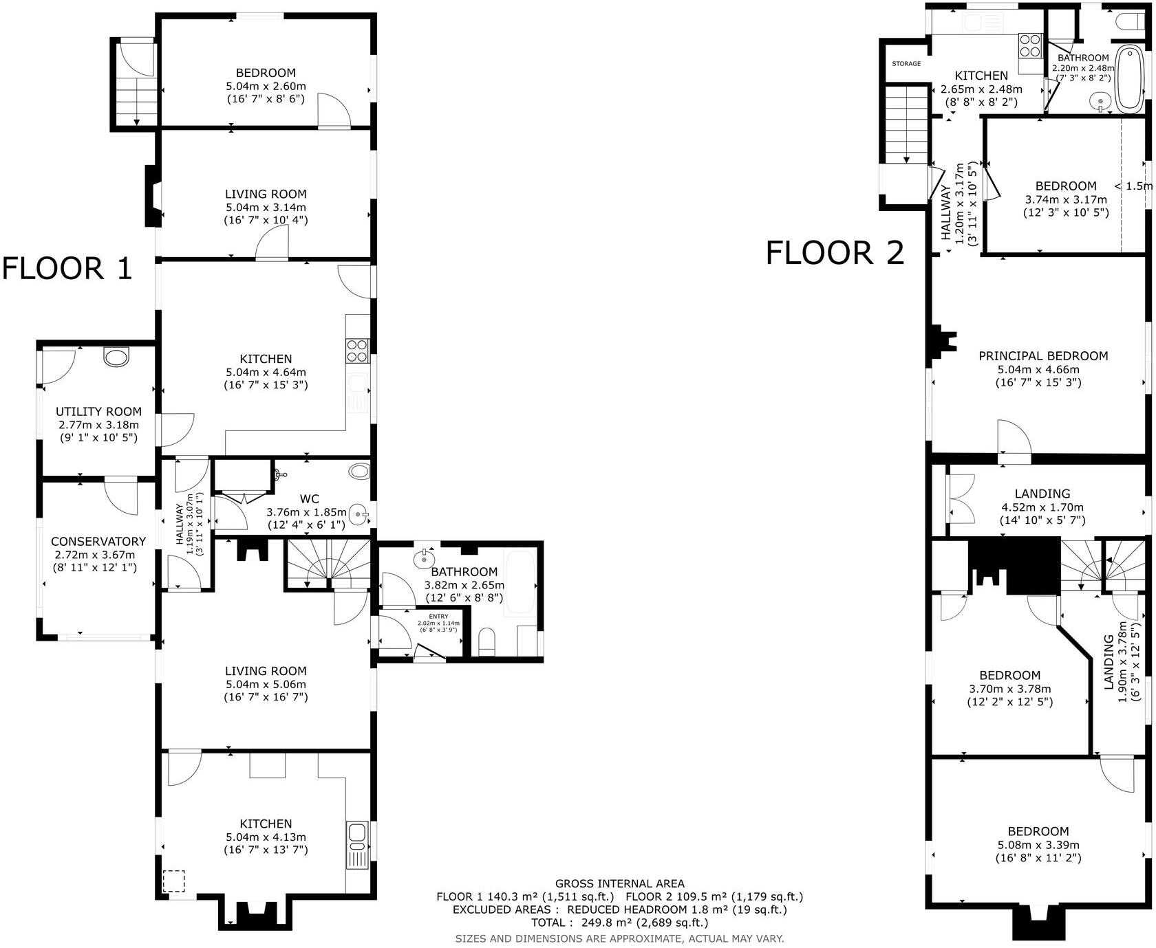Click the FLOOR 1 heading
(x=67, y=268)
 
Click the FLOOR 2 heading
(x=835, y=253)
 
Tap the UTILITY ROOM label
(x=98, y=412)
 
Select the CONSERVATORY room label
(x=98, y=542)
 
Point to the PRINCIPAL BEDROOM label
(x=1043, y=356)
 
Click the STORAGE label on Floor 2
(x=906, y=64)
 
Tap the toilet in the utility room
(x=116, y=356)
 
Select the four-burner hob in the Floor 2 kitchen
(x=1030, y=45)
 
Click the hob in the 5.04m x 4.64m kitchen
(x=357, y=351)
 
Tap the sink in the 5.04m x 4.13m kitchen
(x=356, y=833)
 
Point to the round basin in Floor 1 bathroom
(x=424, y=559)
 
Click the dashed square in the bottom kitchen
(x=174, y=881)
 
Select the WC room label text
(x=309, y=499)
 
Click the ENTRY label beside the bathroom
(x=438, y=617)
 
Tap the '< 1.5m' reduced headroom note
(x=1134, y=186)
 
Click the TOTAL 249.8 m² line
(x=619, y=923)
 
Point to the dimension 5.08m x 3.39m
(x=1038, y=845)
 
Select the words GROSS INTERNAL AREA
(x=619, y=883)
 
